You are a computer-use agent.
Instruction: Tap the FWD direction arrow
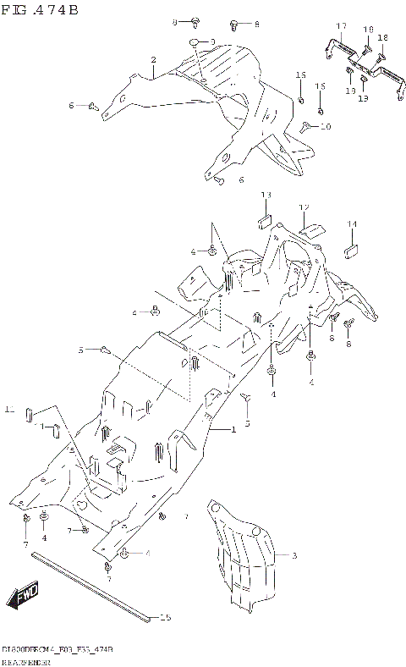(x=25, y=597)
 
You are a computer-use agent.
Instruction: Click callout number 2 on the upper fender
(x=153, y=59)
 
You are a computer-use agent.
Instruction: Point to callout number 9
(x=212, y=41)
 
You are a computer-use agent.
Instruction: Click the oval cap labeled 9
(x=195, y=41)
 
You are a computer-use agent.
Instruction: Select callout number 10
(x=326, y=126)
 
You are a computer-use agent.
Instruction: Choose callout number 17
(x=342, y=27)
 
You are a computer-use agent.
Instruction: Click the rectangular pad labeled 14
(x=350, y=250)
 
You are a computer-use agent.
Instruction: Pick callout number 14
(x=352, y=223)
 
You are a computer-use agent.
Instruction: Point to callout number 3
(x=294, y=556)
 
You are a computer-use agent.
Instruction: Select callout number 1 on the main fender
(x=233, y=431)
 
